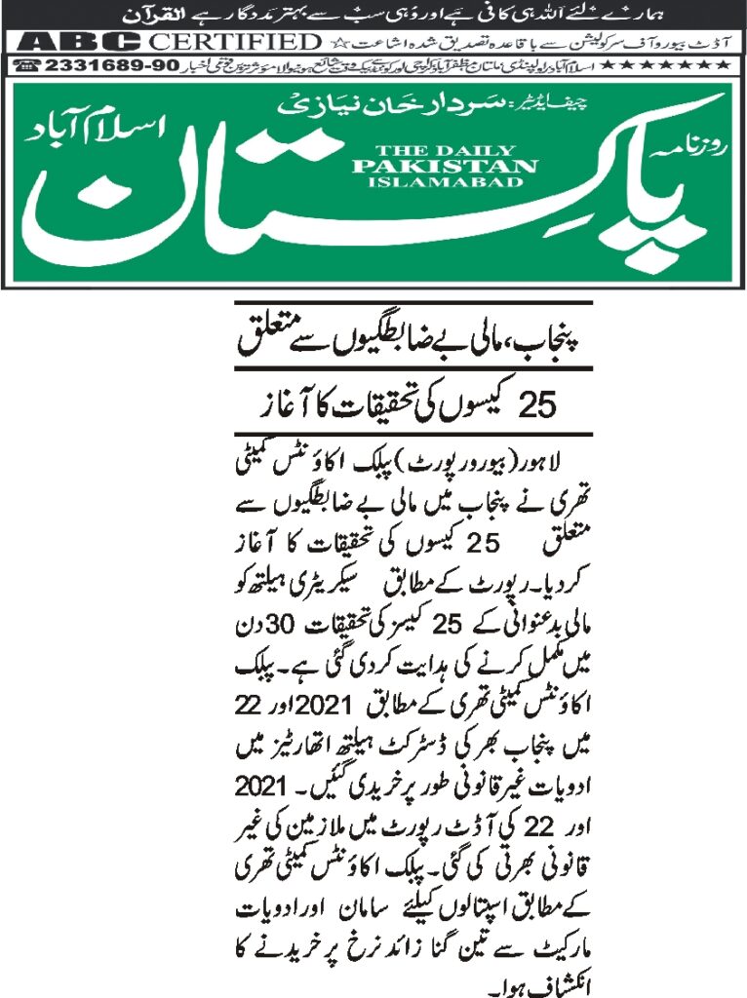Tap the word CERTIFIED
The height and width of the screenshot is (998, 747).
tap(233, 43)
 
